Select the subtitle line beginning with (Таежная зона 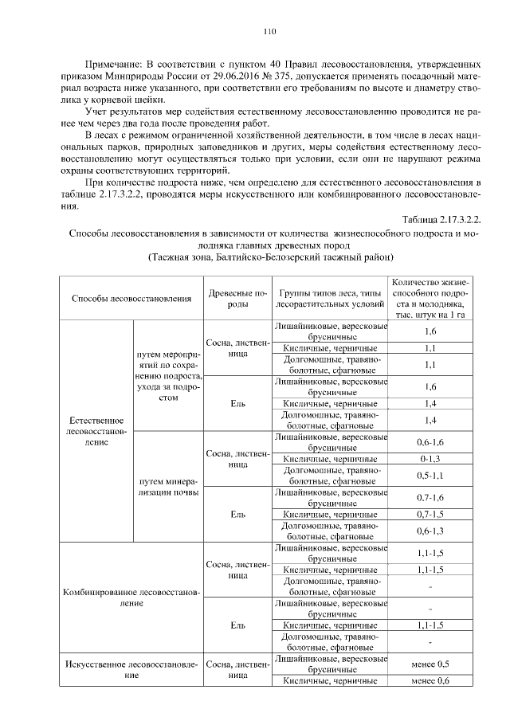271,258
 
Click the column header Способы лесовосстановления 131,298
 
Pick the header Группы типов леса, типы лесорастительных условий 329,298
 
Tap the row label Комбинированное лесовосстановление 131,598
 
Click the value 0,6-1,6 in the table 430,442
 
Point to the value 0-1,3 430,460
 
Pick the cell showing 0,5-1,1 430,476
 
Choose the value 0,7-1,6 430,497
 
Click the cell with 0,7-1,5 430,515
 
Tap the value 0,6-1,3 430,531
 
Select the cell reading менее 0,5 430,664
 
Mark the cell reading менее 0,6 430,680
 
